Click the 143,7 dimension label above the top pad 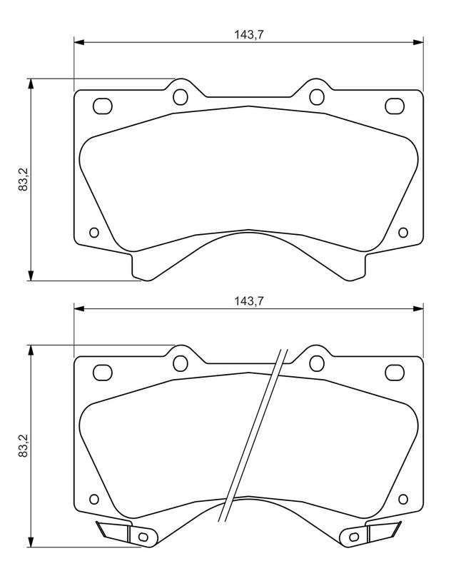click(249, 34)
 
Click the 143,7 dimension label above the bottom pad click(249, 300)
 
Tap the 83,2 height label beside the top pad click(24, 179)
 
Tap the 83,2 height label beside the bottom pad click(24, 445)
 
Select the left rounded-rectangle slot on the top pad click(103, 106)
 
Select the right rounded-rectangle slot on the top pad click(395, 106)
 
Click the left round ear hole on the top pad click(181, 97)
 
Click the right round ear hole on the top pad click(317, 97)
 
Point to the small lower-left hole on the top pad click(94, 233)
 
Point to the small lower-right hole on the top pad click(403, 233)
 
